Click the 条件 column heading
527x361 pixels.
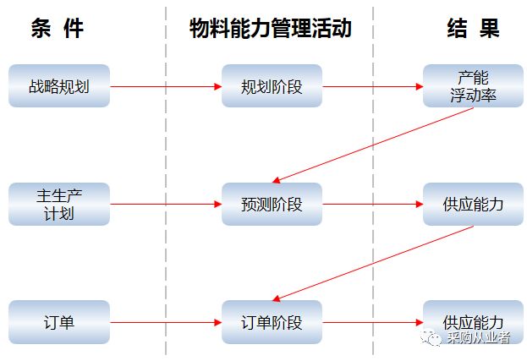pyautogui.click(x=58, y=29)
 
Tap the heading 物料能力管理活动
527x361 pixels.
pyautogui.click(x=270, y=29)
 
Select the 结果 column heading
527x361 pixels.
pyautogui.click(x=473, y=29)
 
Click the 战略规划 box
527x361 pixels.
pyautogui.click(x=59, y=86)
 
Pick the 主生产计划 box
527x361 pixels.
pyautogui.click(x=59, y=204)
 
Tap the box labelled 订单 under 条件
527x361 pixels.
pyautogui.click(x=59, y=322)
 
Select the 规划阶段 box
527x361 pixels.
pyautogui.click(x=272, y=86)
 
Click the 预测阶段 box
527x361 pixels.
pyautogui.click(x=272, y=204)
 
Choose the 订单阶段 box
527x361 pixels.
pyautogui.click(x=272, y=322)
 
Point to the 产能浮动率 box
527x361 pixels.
pyautogui.click(x=473, y=86)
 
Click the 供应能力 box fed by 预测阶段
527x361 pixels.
pyautogui.click(x=473, y=204)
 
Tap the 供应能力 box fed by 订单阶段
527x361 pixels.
pyautogui.click(x=473, y=322)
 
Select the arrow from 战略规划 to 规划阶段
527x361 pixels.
pyautogui.click(x=166, y=86)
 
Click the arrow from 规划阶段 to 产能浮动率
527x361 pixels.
pyautogui.click(x=372, y=86)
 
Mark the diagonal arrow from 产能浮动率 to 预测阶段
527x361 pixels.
pyautogui.click(x=372, y=145)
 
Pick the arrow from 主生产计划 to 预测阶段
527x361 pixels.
pyautogui.click(x=166, y=204)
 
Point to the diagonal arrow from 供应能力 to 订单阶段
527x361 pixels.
pyautogui.click(x=372, y=263)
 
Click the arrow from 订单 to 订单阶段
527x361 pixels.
pyautogui.click(x=166, y=322)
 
